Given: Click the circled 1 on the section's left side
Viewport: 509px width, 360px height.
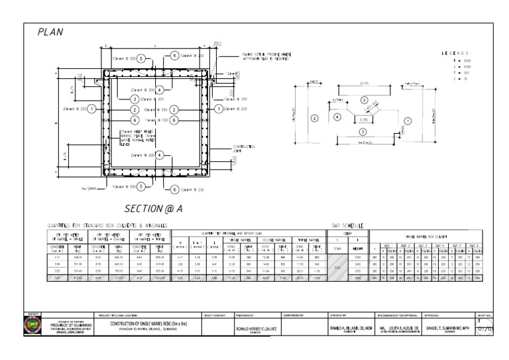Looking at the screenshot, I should pyautogui.click(x=91, y=109).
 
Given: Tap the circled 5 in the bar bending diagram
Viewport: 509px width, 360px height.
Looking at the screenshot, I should pyautogui.click(x=364, y=99).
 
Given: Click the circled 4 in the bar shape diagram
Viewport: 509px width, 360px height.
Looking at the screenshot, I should pyautogui.click(x=337, y=117).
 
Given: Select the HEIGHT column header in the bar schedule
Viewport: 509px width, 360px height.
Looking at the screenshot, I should pyautogui.click(x=358, y=248).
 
